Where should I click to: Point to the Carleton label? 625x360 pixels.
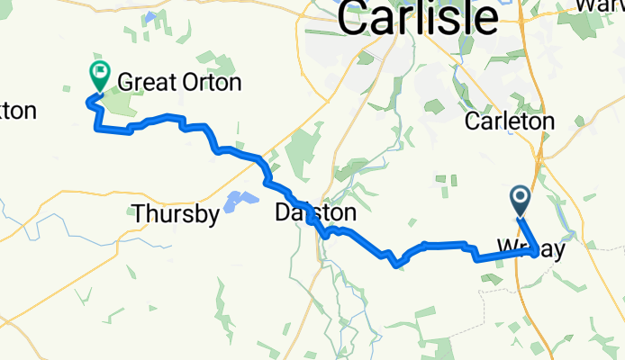click(510, 121)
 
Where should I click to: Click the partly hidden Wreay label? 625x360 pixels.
click(530, 247)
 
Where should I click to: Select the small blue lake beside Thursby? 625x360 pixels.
click(236, 201)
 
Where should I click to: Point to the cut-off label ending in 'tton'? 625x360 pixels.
click(17, 112)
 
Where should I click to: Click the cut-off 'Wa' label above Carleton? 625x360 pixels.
click(604, 5)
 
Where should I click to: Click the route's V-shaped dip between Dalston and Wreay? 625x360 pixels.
click(395, 265)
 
